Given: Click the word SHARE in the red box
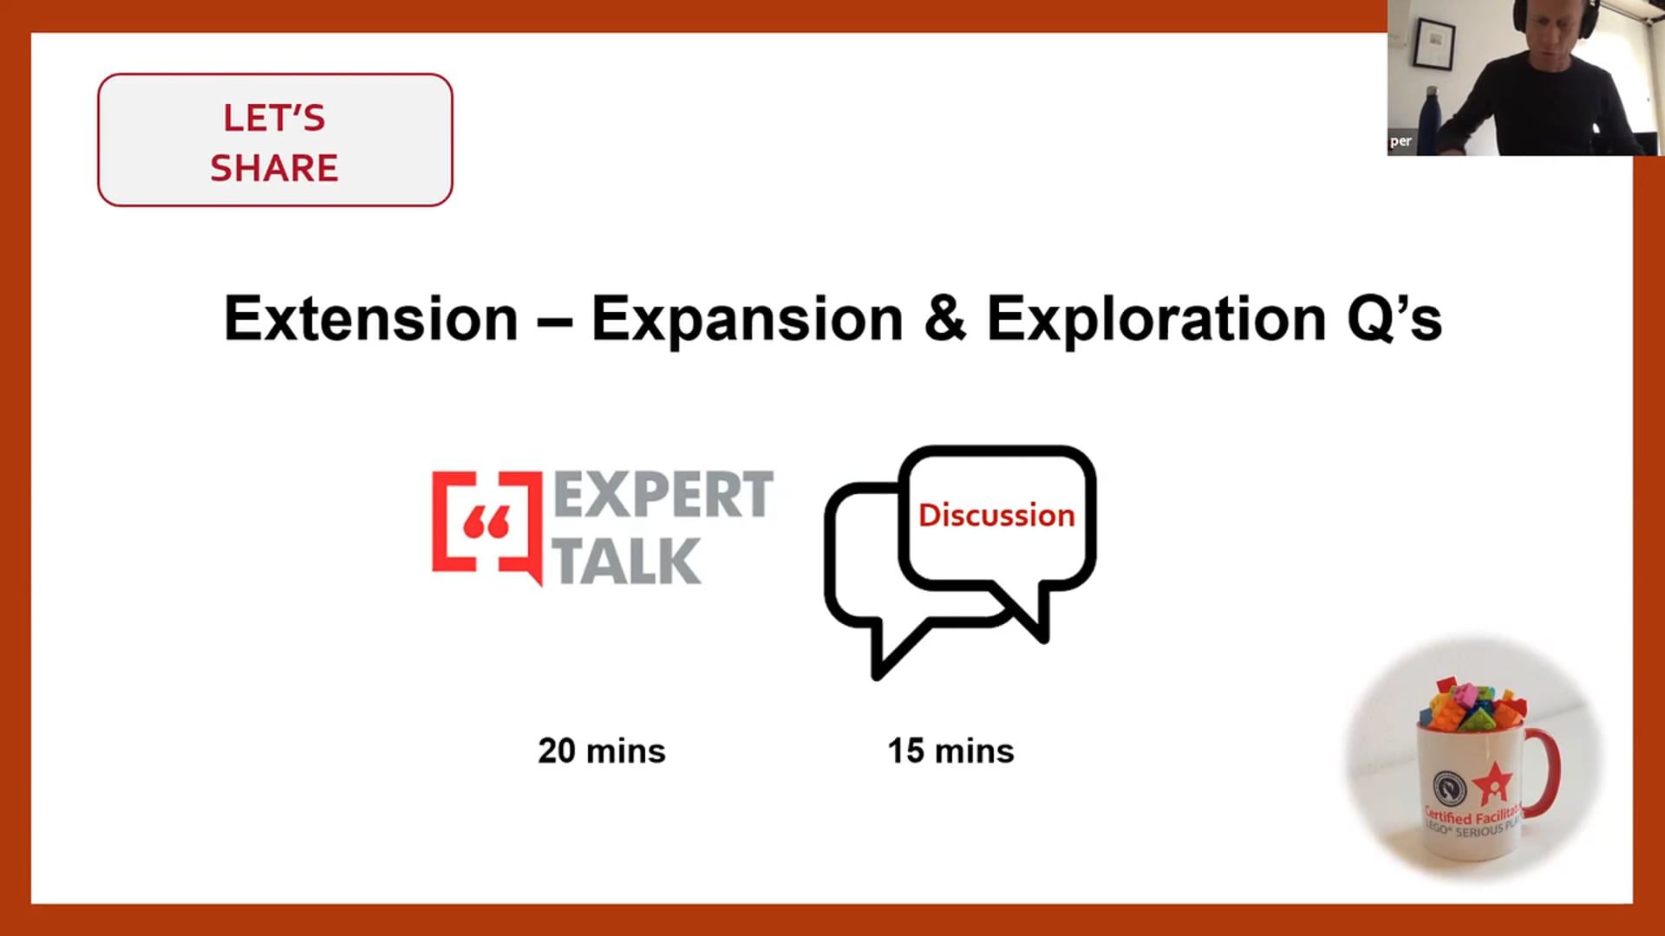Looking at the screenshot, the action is click(274, 168).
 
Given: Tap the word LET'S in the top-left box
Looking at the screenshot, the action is click(274, 118).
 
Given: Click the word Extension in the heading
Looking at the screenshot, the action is click(371, 318).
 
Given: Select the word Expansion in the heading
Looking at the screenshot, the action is click(748, 320).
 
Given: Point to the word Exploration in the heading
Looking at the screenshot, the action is click(1157, 320).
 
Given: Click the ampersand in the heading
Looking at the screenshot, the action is click(945, 319).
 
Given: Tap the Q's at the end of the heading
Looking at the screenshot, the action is click(1394, 320).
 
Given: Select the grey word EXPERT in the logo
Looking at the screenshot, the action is click(663, 495).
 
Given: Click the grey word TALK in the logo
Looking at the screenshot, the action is click(626, 561).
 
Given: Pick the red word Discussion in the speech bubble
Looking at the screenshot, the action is click(996, 515).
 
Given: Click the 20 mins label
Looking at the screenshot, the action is click(602, 751).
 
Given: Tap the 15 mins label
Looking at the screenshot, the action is click(950, 751).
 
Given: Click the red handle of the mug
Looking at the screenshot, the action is click(1546, 771).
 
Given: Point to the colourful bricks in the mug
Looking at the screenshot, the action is click(1472, 705).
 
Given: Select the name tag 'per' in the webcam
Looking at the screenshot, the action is click(1401, 141).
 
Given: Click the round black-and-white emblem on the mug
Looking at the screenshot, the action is click(1449, 788).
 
